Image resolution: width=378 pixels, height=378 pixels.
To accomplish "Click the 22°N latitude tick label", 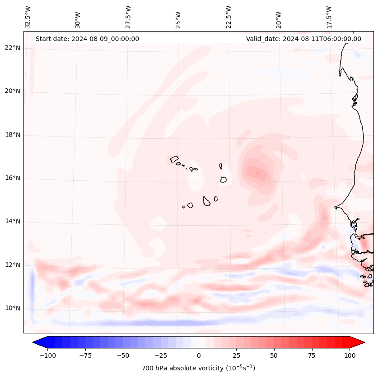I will (x=12, y=48).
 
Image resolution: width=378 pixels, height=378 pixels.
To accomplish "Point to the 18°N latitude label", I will (x=12, y=135).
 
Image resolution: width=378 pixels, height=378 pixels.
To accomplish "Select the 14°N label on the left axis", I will (x=12, y=221).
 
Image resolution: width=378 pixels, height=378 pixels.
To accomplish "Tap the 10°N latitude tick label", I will (x=12, y=308).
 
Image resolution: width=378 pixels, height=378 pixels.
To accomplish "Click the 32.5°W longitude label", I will (x=28, y=17).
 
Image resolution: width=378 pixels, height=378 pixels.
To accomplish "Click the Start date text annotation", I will (x=87, y=39).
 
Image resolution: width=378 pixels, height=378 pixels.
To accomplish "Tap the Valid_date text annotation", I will (x=303, y=39).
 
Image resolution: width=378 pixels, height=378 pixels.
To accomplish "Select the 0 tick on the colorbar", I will (x=199, y=355).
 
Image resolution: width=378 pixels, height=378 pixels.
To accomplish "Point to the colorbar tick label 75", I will (x=312, y=355).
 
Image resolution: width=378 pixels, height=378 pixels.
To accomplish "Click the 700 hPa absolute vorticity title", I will (x=199, y=368).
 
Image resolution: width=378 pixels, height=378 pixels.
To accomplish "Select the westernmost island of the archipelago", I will (x=174, y=159).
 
